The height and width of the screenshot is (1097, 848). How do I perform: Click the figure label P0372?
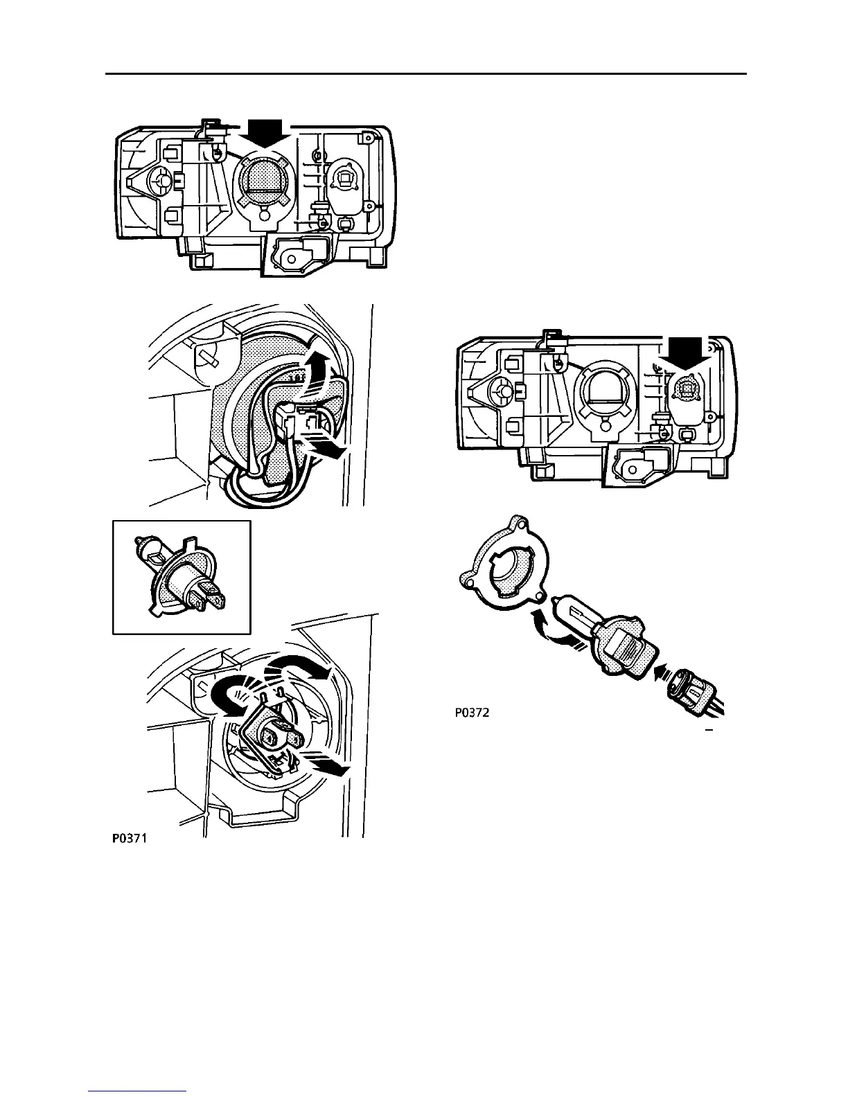click(x=472, y=713)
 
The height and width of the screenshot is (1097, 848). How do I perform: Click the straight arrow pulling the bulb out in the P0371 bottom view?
click(x=325, y=767)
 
